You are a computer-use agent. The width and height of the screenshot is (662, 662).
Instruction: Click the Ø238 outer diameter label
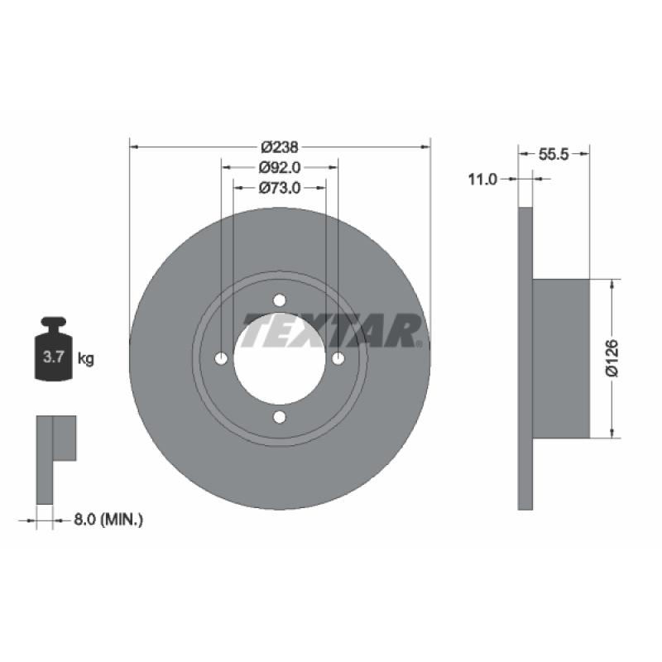tap(280, 147)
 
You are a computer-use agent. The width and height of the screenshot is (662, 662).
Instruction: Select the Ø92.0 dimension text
tap(280, 167)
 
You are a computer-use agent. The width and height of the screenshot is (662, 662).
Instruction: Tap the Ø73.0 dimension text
tap(280, 188)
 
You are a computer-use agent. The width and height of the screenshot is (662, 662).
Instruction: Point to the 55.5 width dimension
tap(554, 154)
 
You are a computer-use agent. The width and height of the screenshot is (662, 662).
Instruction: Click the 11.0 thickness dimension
tap(482, 180)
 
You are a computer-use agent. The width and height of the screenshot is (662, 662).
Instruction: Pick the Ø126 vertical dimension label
tap(612, 357)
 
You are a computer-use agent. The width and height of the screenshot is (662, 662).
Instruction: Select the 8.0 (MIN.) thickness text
tap(108, 520)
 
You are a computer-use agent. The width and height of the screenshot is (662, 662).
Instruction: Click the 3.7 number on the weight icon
tap(53, 357)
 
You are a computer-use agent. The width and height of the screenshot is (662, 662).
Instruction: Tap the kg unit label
tap(86, 359)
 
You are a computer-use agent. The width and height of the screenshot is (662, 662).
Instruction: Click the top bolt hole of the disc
tap(279, 300)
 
